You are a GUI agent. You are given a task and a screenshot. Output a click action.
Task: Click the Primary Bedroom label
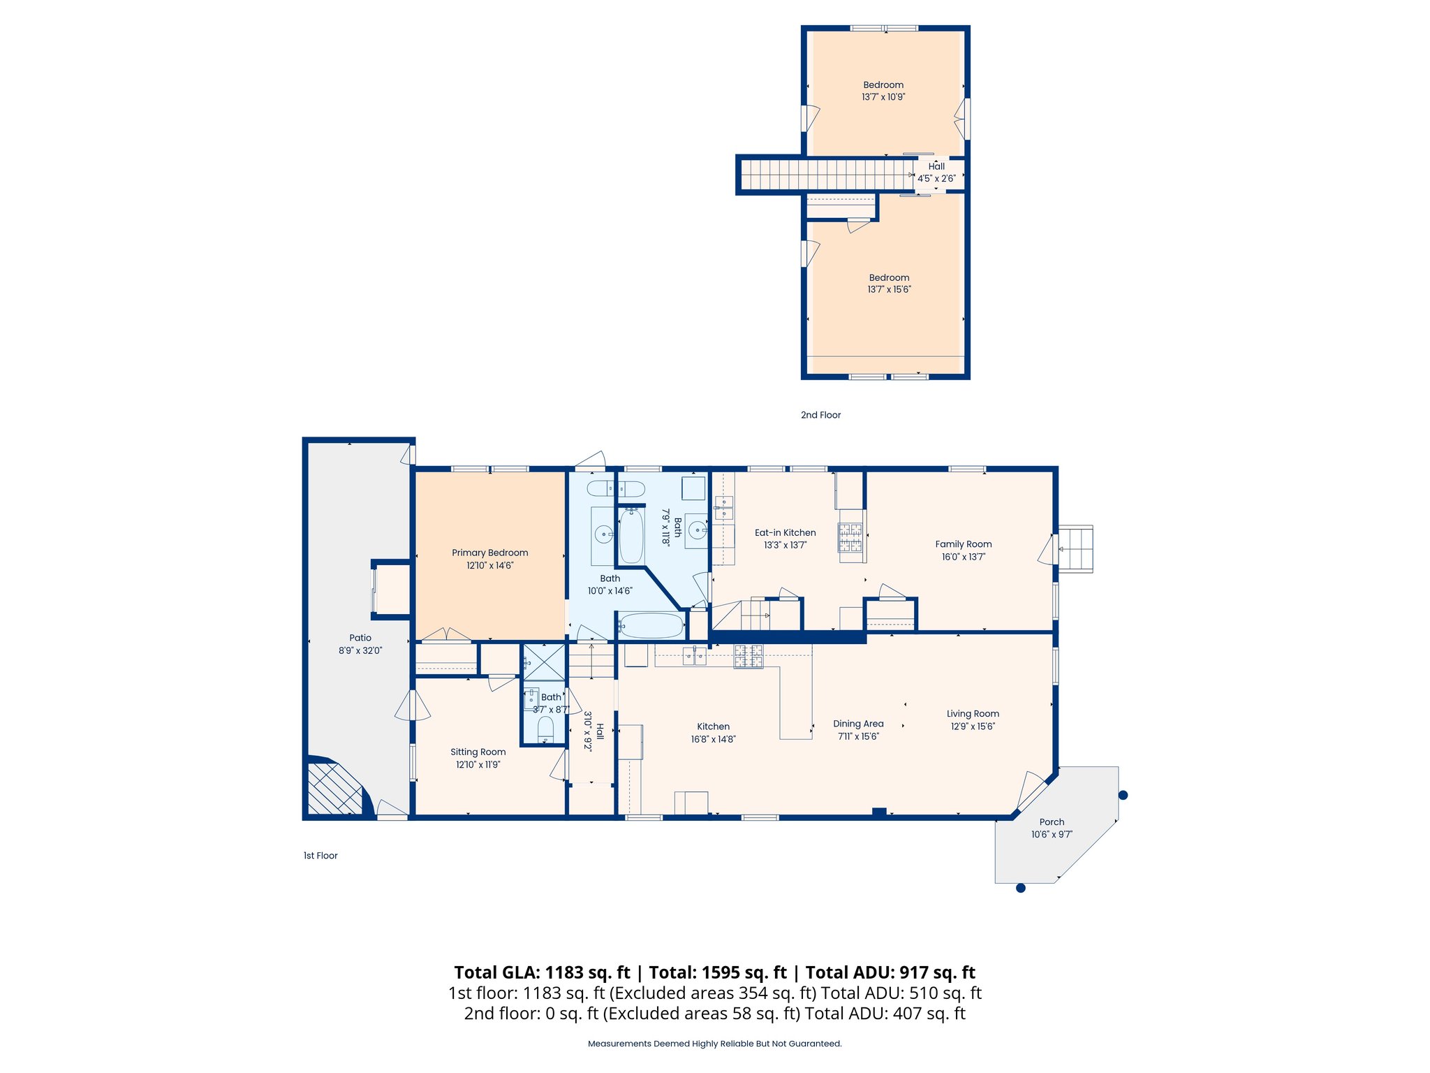489,553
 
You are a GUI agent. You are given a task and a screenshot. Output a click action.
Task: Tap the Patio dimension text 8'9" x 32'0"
360,650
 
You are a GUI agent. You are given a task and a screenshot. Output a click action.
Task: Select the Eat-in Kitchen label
785,532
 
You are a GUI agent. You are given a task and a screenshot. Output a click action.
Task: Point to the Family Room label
963,544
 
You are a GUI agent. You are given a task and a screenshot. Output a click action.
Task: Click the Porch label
1052,822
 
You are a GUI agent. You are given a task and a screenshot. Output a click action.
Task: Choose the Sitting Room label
478,752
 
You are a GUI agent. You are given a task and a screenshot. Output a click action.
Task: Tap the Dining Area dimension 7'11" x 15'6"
858,736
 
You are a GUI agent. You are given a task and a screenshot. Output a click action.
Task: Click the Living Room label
973,714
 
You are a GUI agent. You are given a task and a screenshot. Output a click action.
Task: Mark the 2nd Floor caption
820,415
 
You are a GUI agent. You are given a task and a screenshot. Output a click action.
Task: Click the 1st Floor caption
320,856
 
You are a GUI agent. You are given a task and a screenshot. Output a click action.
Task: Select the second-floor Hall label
936,166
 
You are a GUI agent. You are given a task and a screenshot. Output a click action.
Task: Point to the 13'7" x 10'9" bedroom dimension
883,97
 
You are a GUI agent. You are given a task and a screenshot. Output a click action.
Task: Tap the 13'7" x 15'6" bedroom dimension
889,289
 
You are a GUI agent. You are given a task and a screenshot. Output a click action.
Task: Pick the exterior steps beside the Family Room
1075,549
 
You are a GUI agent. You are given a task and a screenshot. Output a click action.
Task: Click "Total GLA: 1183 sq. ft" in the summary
542,972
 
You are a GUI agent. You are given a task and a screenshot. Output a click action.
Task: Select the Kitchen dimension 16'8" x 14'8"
713,739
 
